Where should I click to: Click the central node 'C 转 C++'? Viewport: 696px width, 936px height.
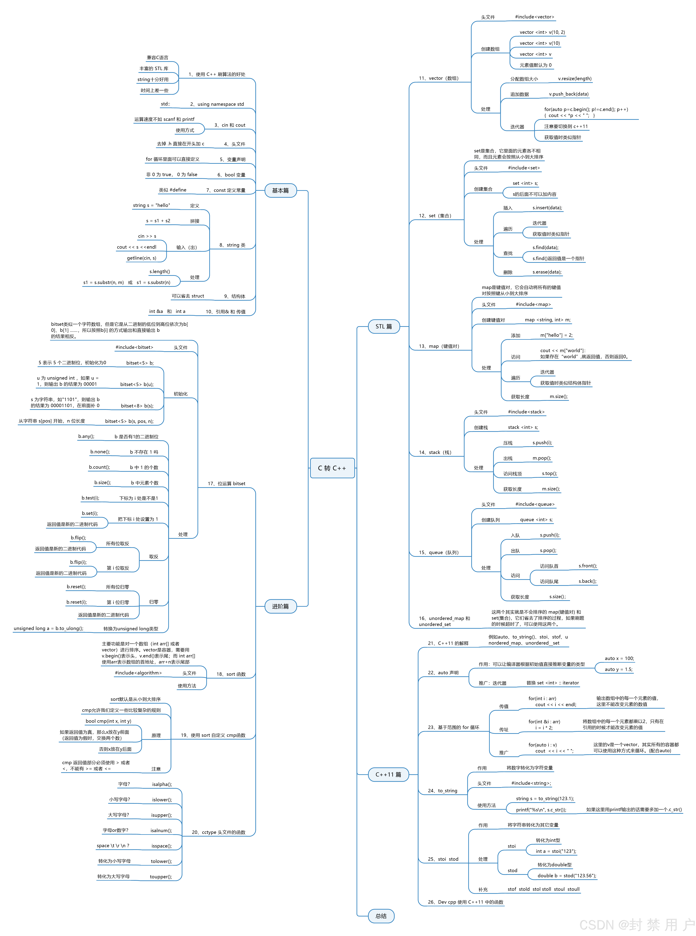(x=332, y=468)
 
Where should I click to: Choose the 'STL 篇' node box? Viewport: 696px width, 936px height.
(x=383, y=326)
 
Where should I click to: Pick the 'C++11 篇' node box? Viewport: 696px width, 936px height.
(x=388, y=774)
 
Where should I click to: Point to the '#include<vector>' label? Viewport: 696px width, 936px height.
(x=534, y=17)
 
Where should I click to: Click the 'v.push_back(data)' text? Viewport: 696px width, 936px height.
(x=568, y=94)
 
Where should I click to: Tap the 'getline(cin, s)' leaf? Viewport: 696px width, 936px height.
(x=142, y=258)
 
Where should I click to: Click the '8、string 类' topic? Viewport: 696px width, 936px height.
(x=232, y=245)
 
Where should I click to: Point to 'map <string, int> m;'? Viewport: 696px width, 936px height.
(x=547, y=320)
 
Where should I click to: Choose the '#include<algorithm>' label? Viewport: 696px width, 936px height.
(x=138, y=673)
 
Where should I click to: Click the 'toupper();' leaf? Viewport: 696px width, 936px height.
(x=160, y=877)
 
